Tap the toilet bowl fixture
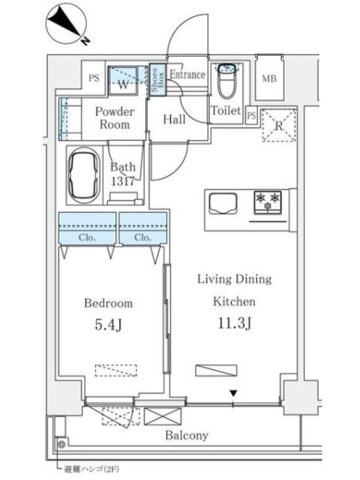(227, 82)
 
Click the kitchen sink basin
(223, 203)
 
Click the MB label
(269, 79)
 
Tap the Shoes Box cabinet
(158, 80)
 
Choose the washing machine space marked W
(123, 82)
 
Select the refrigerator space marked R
(279, 125)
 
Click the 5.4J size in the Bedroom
(109, 325)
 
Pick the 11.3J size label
(235, 323)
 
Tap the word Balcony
(187, 436)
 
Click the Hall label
(174, 119)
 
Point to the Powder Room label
(115, 118)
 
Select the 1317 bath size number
(123, 181)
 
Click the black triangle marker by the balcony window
(233, 393)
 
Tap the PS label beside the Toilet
(251, 116)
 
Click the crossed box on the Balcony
(163, 416)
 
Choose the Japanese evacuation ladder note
(91, 469)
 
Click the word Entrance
(187, 74)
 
